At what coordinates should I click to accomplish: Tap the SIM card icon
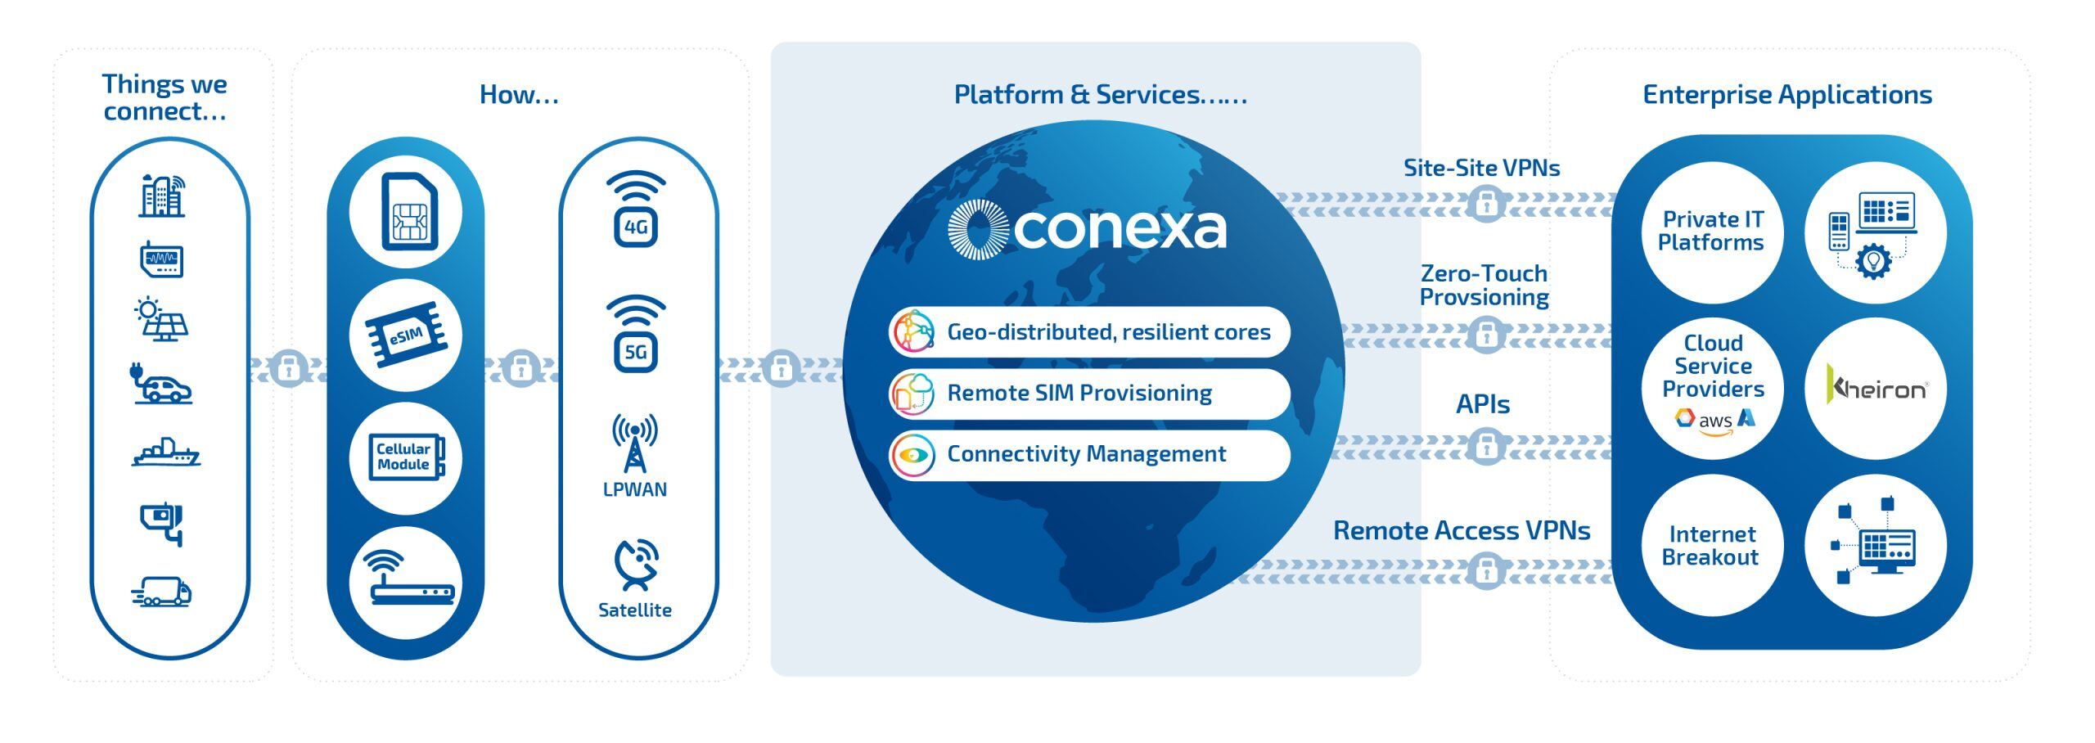pos(407,212)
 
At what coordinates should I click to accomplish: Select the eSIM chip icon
pos(406,335)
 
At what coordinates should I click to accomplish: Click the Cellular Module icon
pos(406,457)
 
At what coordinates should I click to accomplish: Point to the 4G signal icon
pos(636,209)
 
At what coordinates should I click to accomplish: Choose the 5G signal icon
pos(636,334)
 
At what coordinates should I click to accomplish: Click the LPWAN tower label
pos(635,489)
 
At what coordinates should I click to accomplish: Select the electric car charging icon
pos(162,384)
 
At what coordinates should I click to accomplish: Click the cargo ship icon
pos(166,453)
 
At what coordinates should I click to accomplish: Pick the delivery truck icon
pos(162,592)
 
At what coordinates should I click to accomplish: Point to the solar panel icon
pos(161,319)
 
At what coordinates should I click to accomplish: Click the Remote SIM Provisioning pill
pos(1089,394)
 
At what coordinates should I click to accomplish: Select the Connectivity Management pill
pos(1089,455)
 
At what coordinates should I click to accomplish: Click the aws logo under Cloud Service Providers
pos(1715,421)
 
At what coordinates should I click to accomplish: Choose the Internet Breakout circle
pos(1711,546)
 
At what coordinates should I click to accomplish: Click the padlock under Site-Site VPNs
pos(1486,204)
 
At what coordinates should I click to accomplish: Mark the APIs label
pos(1482,404)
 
